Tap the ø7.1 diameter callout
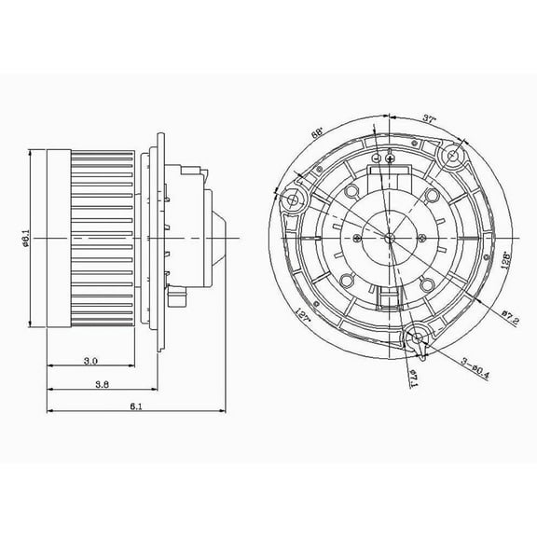tap(411, 376)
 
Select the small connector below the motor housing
tap(177, 299)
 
